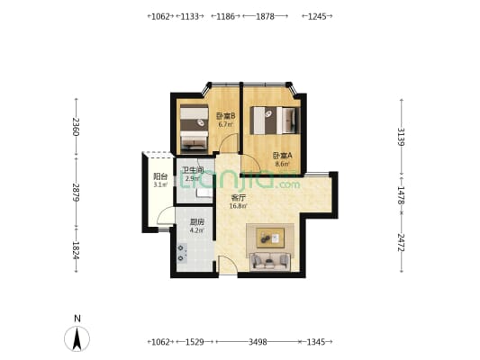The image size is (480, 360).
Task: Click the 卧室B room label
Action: click(x=226, y=116)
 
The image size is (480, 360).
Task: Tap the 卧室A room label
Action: click(x=283, y=156)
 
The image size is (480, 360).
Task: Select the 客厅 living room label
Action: click(x=239, y=198)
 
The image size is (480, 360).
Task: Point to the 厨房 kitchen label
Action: click(x=197, y=222)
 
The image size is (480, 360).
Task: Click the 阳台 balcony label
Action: click(x=160, y=176)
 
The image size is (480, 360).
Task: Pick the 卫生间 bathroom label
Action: click(x=193, y=170)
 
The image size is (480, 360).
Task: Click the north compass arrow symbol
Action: click(x=77, y=338)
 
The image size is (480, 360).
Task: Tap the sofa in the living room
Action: click(x=270, y=262)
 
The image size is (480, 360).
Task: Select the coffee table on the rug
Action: click(x=270, y=238)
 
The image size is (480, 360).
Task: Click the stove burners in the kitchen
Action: click(x=182, y=253)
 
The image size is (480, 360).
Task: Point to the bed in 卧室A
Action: click(x=275, y=121)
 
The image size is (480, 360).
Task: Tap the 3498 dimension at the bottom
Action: click(x=258, y=342)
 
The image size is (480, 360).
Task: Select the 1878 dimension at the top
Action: click(x=265, y=16)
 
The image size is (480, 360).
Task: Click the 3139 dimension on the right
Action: click(x=401, y=137)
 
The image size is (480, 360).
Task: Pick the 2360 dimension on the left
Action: click(x=77, y=127)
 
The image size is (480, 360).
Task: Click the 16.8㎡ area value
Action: click(x=239, y=206)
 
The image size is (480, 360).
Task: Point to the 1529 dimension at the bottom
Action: click(x=195, y=342)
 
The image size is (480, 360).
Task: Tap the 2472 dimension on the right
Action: click(x=401, y=242)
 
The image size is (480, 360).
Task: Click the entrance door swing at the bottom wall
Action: click(x=228, y=265)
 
